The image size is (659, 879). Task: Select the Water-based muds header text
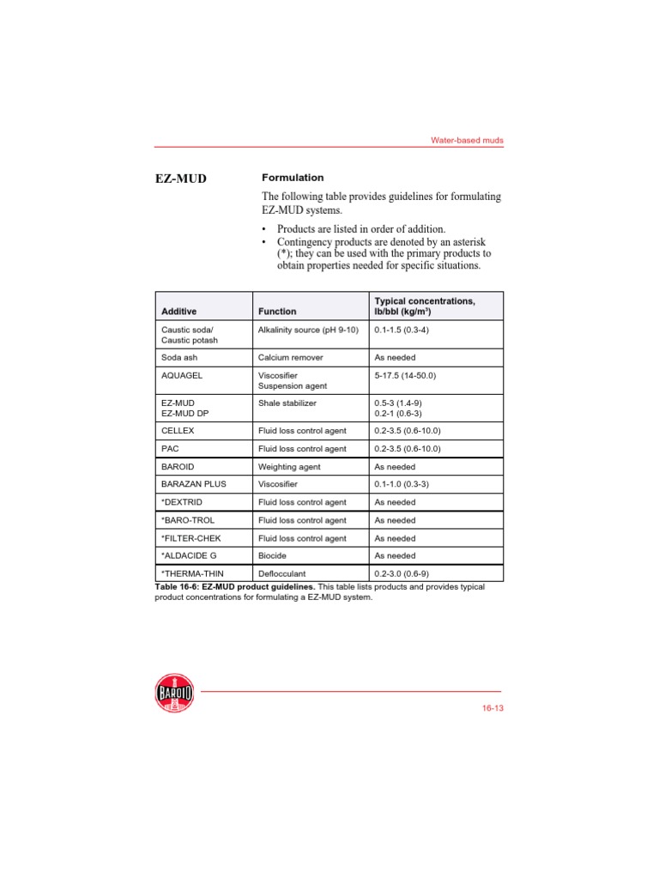(x=467, y=140)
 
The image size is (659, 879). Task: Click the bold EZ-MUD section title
(x=181, y=179)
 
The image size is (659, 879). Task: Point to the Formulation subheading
(x=293, y=178)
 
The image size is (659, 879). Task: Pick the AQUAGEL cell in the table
(x=183, y=375)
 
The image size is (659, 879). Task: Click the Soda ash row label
(x=181, y=357)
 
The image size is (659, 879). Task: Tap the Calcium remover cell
(x=292, y=357)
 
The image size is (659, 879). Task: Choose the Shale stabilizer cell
(x=287, y=402)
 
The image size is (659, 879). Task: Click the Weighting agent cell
(x=289, y=467)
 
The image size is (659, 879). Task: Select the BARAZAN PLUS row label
(x=195, y=484)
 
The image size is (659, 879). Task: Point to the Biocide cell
(x=273, y=555)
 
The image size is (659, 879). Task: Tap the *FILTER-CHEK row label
(x=194, y=538)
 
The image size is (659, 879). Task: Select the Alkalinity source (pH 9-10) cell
(x=308, y=330)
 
